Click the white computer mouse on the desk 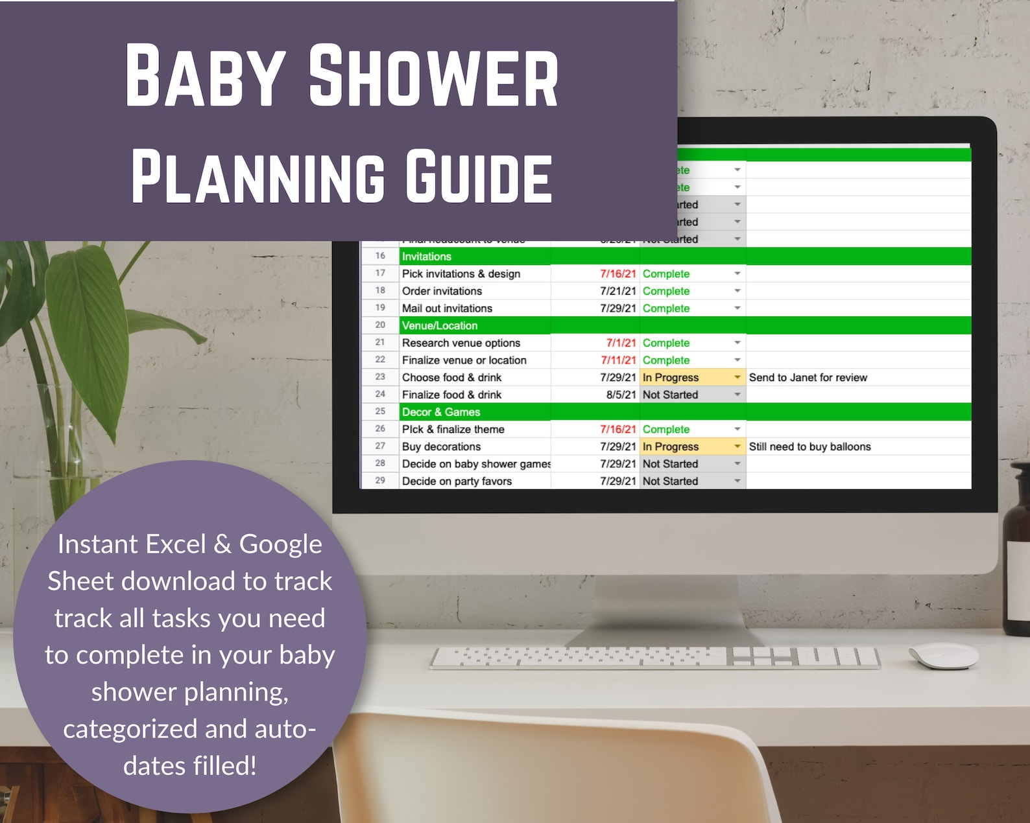[x=944, y=655]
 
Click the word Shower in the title [x=433, y=76]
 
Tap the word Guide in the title [x=479, y=177]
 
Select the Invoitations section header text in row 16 [x=426, y=257]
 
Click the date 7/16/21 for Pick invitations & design [x=617, y=274]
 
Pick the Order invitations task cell [x=442, y=292]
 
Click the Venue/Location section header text [x=439, y=326]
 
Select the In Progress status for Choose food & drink [x=671, y=378]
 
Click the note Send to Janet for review [x=808, y=378]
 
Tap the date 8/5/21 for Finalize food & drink [x=621, y=395]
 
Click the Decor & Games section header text [x=440, y=412]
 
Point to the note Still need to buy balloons [x=809, y=447]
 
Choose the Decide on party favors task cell [x=457, y=481]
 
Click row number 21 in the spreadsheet [x=380, y=343]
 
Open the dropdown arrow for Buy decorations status [x=737, y=446]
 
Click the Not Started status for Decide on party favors [x=670, y=481]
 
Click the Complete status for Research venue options [x=665, y=343]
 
